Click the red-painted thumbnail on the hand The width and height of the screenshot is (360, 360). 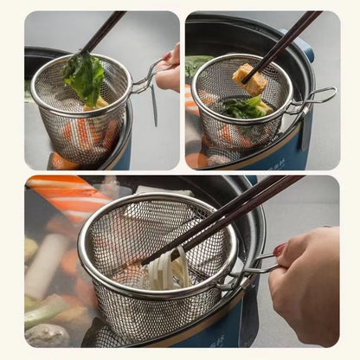(x=280, y=250)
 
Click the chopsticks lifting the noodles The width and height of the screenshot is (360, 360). (x=216, y=221)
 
